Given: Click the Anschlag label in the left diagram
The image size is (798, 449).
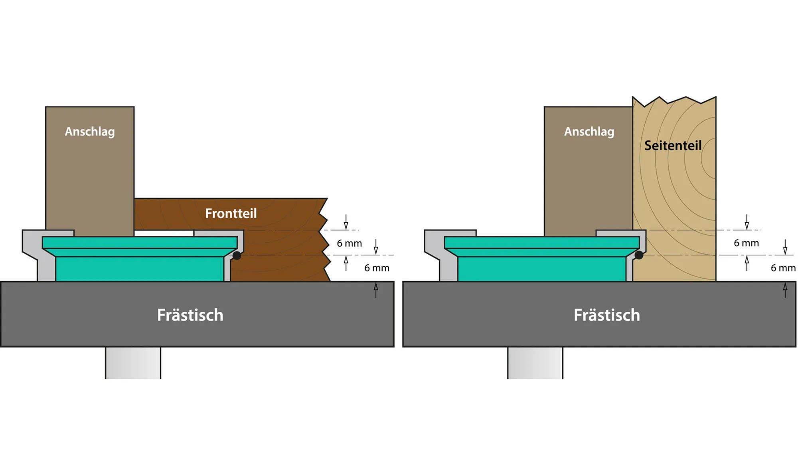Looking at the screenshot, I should [90, 131].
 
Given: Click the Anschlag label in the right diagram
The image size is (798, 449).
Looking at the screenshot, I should [589, 131].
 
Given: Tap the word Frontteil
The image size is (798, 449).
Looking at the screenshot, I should [231, 214].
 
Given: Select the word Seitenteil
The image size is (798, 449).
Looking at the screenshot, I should [673, 145].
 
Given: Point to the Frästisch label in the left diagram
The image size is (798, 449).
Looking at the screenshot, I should [190, 315].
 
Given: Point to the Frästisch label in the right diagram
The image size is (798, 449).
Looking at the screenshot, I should [606, 315].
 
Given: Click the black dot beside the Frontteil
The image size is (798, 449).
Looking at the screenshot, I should [237, 255].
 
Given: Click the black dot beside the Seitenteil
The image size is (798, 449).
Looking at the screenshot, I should [639, 255].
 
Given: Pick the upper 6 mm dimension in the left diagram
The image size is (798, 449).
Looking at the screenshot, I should [349, 243].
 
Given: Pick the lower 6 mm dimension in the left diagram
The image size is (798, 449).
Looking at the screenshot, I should [377, 268].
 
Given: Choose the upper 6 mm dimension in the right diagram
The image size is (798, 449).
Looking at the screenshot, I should [746, 243].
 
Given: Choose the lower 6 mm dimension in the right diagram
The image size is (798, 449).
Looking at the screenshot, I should [783, 268].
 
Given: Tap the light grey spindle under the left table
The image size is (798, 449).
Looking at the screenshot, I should [133, 363].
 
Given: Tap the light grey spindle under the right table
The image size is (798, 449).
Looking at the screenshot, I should [535, 363].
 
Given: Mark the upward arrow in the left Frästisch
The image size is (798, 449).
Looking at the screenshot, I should [375, 290].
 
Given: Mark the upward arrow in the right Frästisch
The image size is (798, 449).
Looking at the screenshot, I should [785, 290].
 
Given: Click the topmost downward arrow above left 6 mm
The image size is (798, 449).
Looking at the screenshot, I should [346, 222].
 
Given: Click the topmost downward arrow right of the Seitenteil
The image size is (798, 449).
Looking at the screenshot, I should [747, 222].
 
